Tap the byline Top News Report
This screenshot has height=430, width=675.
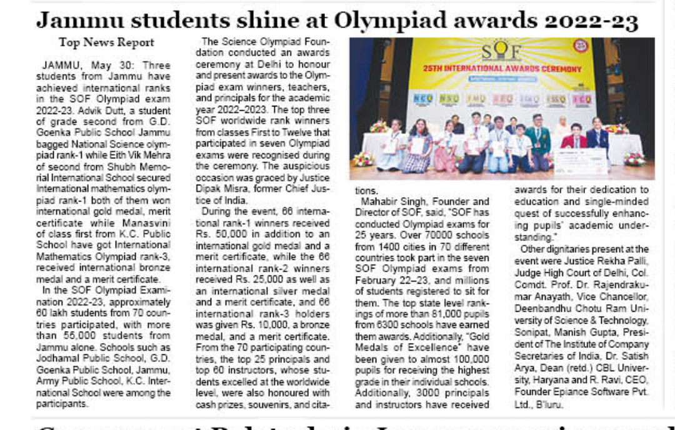pos(106,43)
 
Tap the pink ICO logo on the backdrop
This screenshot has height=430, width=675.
pos(582,99)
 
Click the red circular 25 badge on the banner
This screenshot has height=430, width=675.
pos(581,45)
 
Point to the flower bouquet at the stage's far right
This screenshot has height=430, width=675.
pos(634,158)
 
